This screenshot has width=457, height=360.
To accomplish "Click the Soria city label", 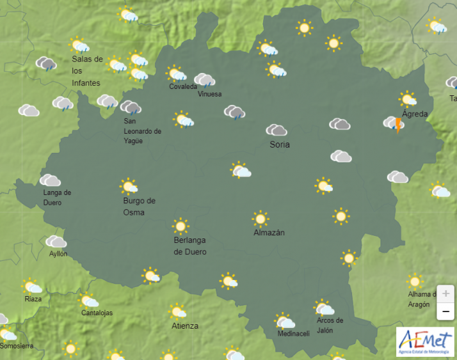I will pos(280,145).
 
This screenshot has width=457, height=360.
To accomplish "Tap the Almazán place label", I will pos(269,233).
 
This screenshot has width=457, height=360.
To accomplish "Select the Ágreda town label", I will pos(414,114).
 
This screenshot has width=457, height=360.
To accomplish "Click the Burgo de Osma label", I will pos(139,207).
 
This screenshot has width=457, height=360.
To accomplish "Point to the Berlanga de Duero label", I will pos(190,246).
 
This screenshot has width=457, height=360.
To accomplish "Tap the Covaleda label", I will pos(183,87).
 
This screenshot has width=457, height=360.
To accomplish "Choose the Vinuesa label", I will pos(210,95).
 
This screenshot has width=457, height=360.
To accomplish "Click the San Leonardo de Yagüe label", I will pos(142,131).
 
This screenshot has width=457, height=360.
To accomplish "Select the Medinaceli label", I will pos(294,334).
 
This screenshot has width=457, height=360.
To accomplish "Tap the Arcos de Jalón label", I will pos(330,325).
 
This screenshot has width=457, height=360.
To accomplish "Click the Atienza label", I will pos(185,326).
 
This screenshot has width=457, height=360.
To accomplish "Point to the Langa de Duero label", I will pos(57,198).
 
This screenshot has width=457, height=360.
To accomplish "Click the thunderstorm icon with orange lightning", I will pos(395,123).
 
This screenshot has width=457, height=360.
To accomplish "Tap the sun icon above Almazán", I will pos(260,219).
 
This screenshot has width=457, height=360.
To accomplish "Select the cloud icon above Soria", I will pos(276,130).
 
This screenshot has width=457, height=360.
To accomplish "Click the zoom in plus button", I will pos(445,293).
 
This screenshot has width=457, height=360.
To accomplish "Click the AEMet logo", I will pos(424,341).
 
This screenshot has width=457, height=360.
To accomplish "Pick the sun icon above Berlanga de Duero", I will pos(180,226).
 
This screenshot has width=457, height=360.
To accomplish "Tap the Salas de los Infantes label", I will pos(87,71).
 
